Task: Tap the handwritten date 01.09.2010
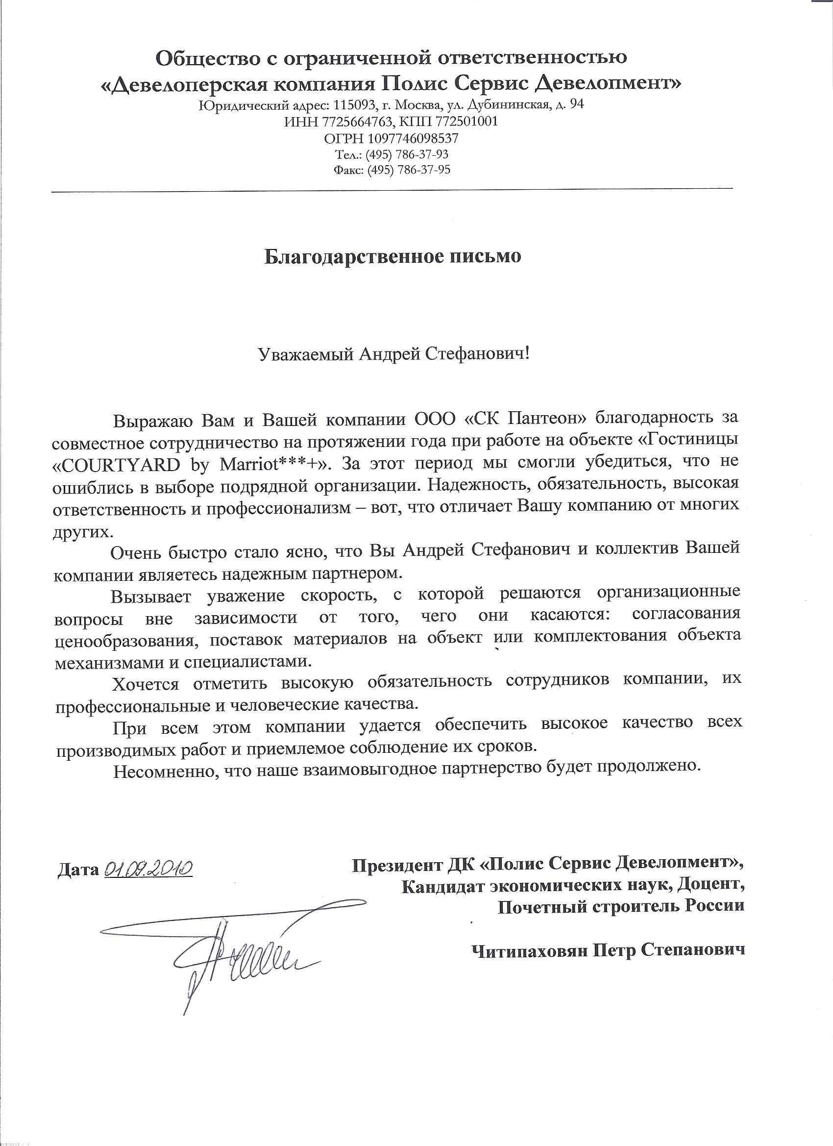pos(148,869)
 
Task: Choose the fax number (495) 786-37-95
pos(409,170)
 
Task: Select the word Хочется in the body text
pos(146,685)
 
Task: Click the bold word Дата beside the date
pos(78,870)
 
